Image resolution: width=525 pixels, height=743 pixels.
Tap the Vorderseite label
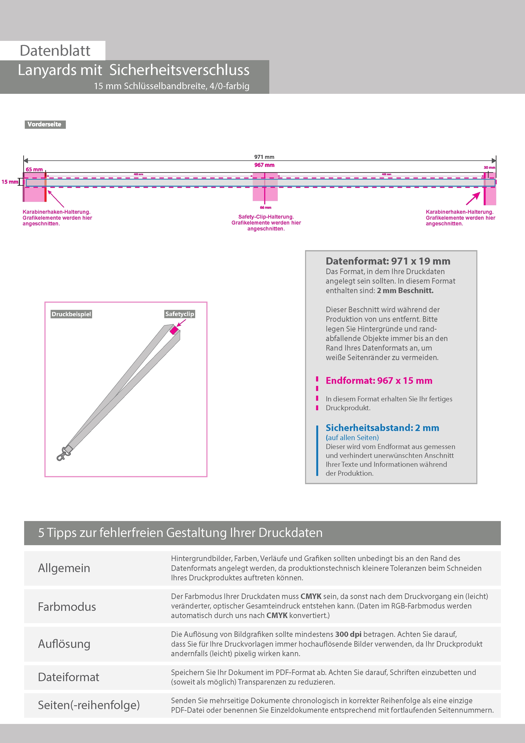point(45,125)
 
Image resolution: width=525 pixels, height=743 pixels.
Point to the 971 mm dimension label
point(264,157)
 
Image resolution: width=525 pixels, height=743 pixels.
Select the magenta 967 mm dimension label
point(264,165)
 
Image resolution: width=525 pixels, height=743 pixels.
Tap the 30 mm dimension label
point(489,168)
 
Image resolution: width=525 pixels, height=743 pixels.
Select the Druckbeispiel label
point(71,314)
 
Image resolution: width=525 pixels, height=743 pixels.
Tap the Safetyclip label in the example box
point(180,314)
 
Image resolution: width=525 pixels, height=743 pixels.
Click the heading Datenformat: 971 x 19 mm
point(388,261)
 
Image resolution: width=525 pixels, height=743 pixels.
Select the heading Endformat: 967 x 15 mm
point(379,381)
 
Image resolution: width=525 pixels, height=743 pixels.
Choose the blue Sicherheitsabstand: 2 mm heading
point(382,428)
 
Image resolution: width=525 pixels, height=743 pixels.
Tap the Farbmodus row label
point(67,607)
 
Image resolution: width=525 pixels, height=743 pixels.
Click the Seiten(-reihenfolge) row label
point(89,705)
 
